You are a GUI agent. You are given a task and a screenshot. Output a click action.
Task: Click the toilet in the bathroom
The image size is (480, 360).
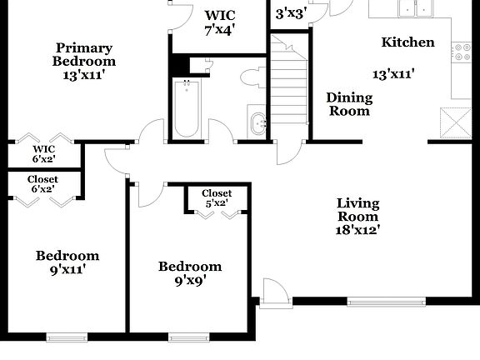(251, 78)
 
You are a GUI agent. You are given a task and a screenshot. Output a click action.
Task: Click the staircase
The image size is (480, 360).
(290, 84)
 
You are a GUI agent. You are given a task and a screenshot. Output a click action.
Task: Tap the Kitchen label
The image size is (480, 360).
(407, 42)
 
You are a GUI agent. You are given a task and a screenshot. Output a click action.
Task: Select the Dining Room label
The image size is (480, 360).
(349, 104)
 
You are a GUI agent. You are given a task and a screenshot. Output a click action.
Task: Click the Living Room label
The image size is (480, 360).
(358, 210)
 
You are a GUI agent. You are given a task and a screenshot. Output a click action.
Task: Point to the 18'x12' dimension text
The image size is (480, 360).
(358, 230)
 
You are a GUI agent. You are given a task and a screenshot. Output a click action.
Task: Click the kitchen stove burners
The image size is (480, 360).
(462, 52)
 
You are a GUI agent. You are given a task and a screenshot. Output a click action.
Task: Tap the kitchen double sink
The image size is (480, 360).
(414, 8)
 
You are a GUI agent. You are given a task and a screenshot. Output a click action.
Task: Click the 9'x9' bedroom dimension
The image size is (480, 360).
(190, 281)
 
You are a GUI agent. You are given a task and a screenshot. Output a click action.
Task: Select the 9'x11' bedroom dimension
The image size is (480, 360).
(67, 269)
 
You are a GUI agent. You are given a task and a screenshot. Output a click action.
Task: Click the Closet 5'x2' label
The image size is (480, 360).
(217, 198)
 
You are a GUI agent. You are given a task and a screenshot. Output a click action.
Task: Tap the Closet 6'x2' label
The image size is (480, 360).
(42, 184)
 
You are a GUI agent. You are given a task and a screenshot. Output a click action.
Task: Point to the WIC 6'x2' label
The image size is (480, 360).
(42, 153)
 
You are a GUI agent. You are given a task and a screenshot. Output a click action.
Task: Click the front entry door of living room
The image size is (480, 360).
(275, 293)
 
